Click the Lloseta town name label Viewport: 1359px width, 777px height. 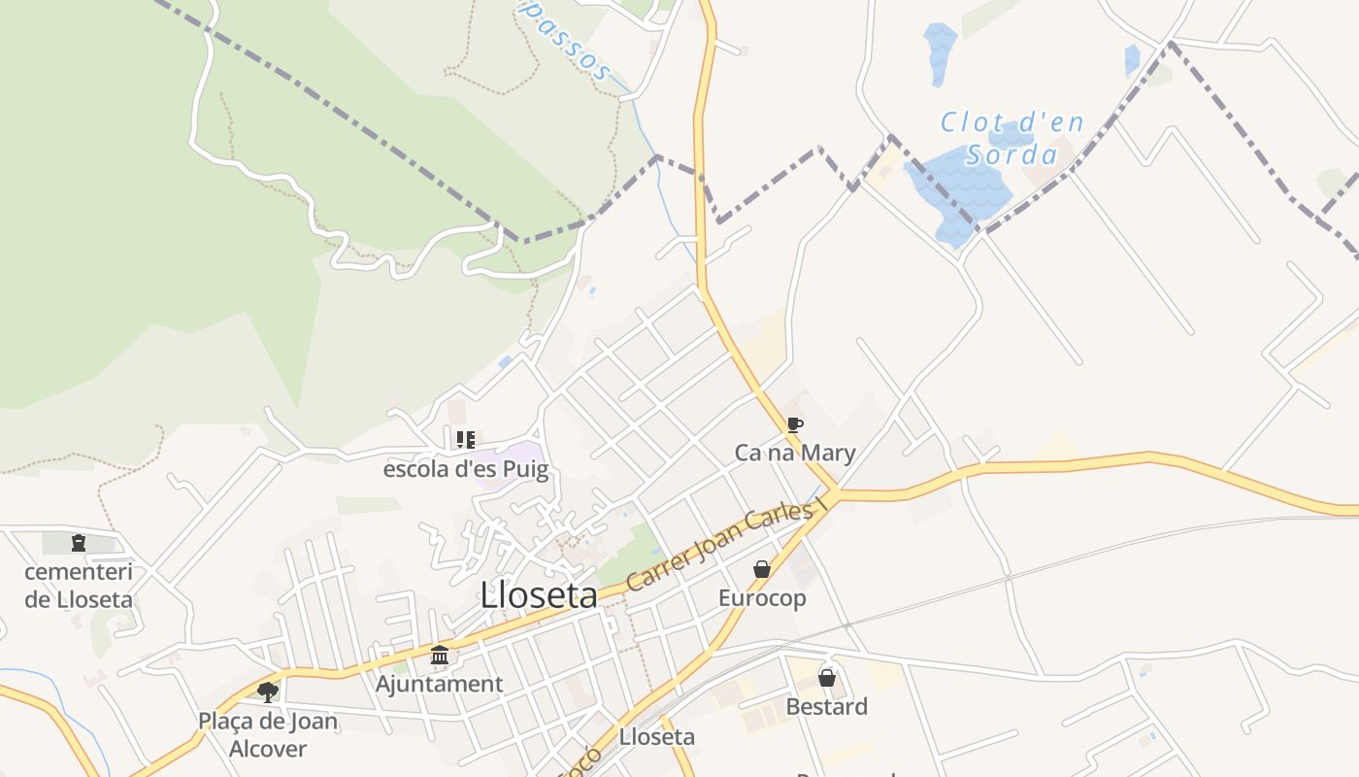[539, 595]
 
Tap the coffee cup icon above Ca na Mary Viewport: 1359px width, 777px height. [795, 424]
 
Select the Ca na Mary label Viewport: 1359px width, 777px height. [795, 453]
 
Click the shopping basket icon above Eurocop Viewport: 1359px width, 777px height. [762, 569]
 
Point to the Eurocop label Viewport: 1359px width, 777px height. [762, 597]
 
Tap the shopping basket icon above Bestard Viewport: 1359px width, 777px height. [827, 678]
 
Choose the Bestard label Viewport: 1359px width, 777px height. [827, 706]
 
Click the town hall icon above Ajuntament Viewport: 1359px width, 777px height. [440, 656]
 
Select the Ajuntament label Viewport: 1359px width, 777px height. [440, 684]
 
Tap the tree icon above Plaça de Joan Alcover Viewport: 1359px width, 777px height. [268, 693]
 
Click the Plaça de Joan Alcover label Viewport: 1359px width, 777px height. [268, 734]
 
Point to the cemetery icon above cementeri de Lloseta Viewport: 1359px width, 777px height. [79, 543]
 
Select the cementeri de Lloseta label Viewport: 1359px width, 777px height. [79, 585]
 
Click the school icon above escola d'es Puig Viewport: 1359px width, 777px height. [466, 440]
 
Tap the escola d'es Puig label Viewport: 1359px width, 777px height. [466, 470]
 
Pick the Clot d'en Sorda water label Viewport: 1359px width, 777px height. [1011, 139]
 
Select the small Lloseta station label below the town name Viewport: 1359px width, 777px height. [657, 737]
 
